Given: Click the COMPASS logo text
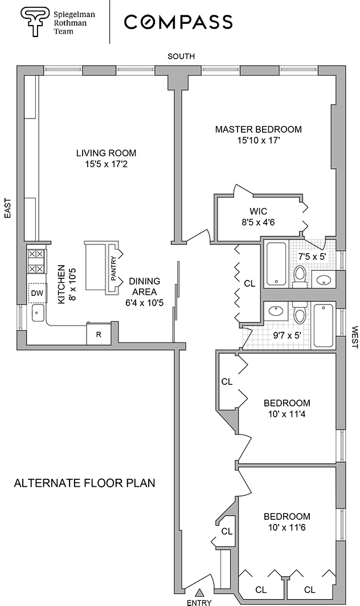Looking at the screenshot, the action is (x=178, y=22).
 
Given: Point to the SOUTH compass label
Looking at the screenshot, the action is (x=181, y=56).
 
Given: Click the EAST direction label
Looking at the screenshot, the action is (x=8, y=209).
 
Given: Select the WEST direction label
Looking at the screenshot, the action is (x=354, y=337).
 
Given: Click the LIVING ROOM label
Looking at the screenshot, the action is (x=107, y=153).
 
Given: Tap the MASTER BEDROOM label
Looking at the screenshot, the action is (x=258, y=129).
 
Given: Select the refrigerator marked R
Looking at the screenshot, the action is (x=99, y=334).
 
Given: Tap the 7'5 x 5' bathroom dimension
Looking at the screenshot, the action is (x=312, y=257).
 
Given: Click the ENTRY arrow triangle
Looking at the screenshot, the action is (x=200, y=592).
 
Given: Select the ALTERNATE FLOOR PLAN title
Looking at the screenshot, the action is (x=84, y=483).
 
